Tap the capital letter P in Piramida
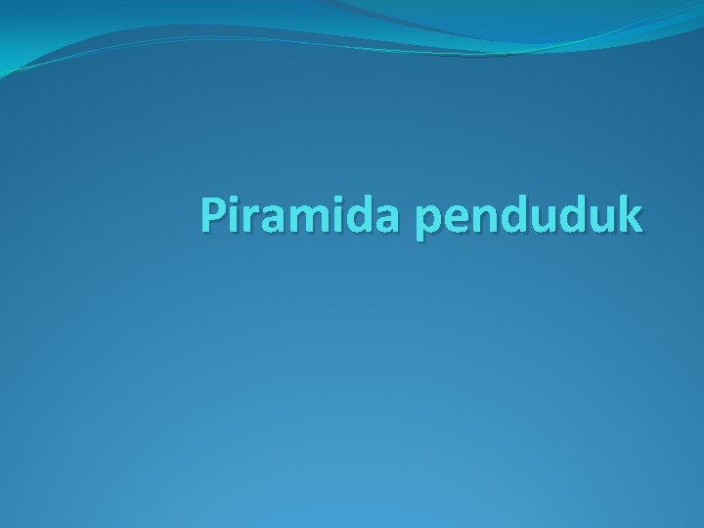tap(213, 216)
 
